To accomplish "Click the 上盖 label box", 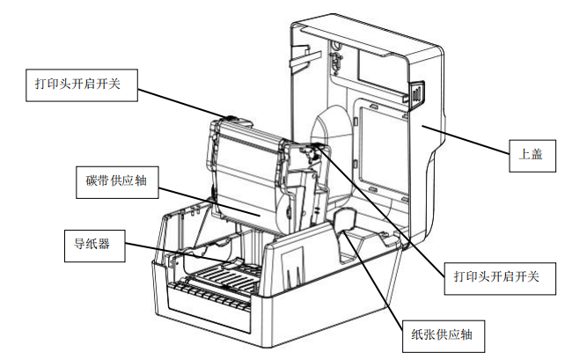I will coord(532,156).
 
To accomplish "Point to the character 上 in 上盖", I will coord(525,156).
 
